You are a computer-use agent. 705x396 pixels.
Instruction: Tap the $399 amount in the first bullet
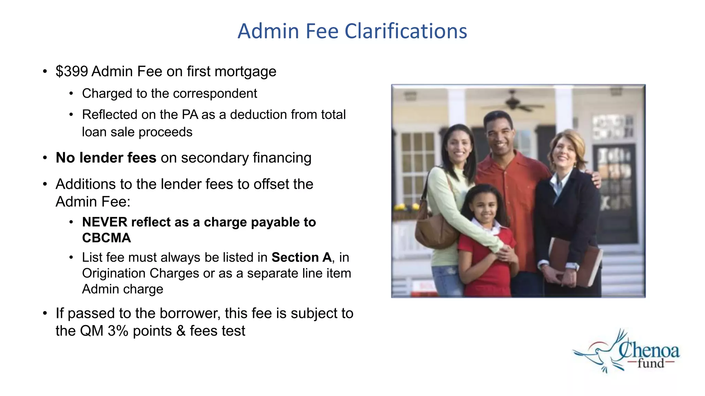tap(72, 71)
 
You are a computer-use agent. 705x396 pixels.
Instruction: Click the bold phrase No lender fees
tap(106, 158)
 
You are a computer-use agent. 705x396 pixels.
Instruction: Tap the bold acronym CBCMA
tap(106, 238)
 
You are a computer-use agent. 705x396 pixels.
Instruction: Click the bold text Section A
tap(302, 257)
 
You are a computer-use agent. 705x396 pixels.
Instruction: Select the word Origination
tap(114, 273)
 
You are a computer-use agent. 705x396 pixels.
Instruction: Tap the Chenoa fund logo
tap(627, 352)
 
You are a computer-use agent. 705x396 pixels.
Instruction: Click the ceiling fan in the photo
tap(513, 101)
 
